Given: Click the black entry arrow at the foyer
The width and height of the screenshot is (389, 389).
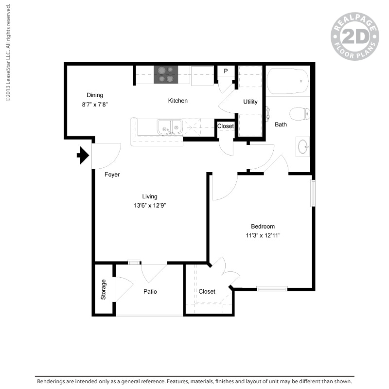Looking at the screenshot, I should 83,156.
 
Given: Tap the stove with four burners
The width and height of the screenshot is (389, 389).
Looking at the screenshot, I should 166,74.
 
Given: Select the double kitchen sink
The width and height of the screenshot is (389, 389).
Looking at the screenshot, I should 170,127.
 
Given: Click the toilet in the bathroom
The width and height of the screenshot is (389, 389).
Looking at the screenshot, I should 300,114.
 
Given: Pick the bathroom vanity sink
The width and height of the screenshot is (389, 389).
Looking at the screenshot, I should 303,146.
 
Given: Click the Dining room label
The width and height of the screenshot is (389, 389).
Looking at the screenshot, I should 95,95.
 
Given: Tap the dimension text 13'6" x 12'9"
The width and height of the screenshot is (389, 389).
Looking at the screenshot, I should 150,205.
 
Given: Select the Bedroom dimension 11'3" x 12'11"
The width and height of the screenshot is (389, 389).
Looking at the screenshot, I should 263,235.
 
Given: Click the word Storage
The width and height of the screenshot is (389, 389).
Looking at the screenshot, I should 104,289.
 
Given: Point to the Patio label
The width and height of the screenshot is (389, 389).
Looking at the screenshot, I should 150,292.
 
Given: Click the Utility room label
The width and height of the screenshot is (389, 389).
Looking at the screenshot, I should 250,102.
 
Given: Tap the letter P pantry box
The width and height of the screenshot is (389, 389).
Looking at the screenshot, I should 226,71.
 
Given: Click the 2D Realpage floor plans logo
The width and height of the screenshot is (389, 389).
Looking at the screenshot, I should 354,36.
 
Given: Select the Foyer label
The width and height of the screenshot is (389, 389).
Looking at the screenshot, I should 112,175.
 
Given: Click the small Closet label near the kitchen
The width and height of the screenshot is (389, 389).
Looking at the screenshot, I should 226,126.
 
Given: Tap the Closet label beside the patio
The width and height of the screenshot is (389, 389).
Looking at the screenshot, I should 207,292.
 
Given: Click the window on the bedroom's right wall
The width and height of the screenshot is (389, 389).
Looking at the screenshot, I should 313,193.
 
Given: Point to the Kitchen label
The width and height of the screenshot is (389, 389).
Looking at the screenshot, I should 178,101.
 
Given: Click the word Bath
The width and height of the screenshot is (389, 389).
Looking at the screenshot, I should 281,124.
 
